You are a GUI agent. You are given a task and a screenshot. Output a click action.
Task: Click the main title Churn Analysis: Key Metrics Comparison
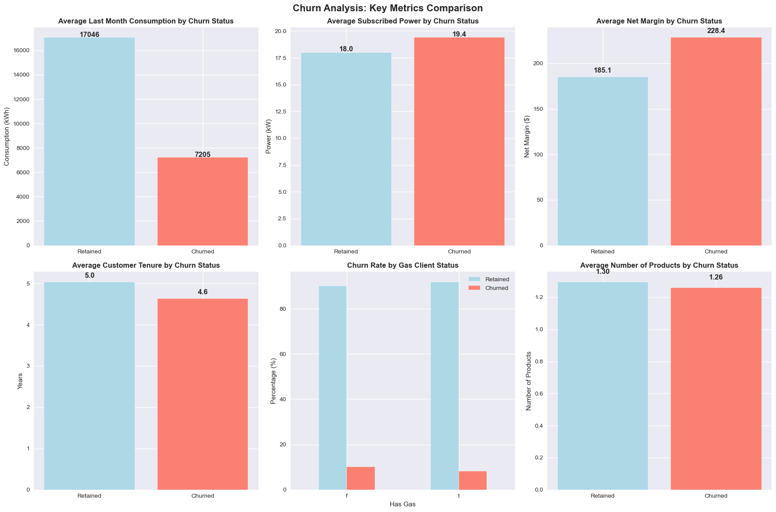pyautogui.click(x=388, y=8)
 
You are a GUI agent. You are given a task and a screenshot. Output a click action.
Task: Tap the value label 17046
pyautogui.click(x=90, y=35)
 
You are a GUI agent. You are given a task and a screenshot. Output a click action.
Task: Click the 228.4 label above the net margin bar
pyautogui.click(x=716, y=31)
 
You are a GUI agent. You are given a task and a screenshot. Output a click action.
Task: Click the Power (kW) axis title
pyautogui.click(x=269, y=136)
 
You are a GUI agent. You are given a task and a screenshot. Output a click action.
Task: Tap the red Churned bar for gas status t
pyautogui.click(x=472, y=480)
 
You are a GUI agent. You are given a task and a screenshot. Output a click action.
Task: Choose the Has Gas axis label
pyautogui.click(x=402, y=504)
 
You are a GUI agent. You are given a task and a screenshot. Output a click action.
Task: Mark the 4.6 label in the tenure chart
pyautogui.click(x=202, y=292)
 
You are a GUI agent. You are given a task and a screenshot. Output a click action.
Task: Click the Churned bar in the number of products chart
pyautogui.click(x=716, y=389)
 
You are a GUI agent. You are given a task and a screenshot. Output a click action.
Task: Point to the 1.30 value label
pyautogui.click(x=603, y=272)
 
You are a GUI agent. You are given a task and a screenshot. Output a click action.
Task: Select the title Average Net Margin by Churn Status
pyautogui.click(x=659, y=21)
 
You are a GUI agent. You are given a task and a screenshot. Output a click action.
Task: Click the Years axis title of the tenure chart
pyautogui.click(x=20, y=381)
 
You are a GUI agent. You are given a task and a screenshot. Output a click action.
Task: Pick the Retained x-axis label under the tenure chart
pyautogui.click(x=90, y=495)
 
